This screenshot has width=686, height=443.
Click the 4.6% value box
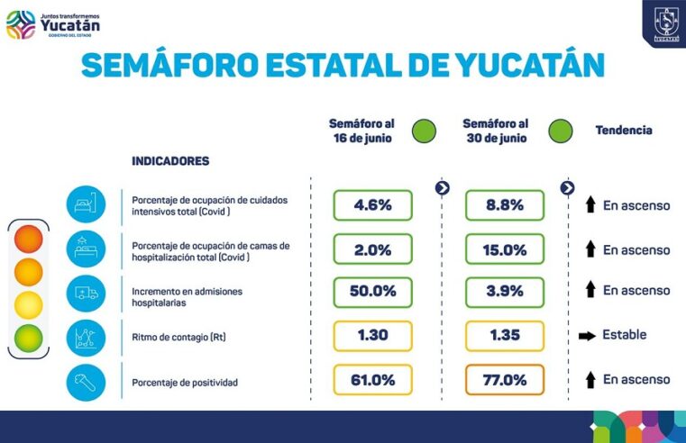[x=372, y=204]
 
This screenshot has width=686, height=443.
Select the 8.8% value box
[x=504, y=204]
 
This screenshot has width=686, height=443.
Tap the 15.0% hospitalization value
[x=504, y=249]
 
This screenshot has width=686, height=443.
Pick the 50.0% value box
[x=372, y=292]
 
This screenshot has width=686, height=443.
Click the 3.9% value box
[x=504, y=292]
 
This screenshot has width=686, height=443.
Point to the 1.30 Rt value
[x=372, y=335]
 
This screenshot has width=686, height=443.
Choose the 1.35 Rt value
[x=504, y=335]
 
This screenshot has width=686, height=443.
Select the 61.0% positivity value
[x=372, y=379]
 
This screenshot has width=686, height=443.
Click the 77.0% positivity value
[x=504, y=379]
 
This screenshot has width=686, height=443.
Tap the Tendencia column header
[x=623, y=131]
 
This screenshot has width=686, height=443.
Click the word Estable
[x=624, y=335]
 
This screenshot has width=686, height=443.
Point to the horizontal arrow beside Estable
[x=587, y=335]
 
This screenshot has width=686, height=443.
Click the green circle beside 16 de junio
[x=424, y=131]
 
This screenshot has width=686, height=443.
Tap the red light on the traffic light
[x=28, y=240]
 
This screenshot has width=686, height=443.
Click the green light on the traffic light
[x=28, y=338]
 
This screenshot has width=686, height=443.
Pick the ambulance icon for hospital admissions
[x=86, y=294]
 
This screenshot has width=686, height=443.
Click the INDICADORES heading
[x=170, y=161]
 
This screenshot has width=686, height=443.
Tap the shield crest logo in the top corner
[x=665, y=21]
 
